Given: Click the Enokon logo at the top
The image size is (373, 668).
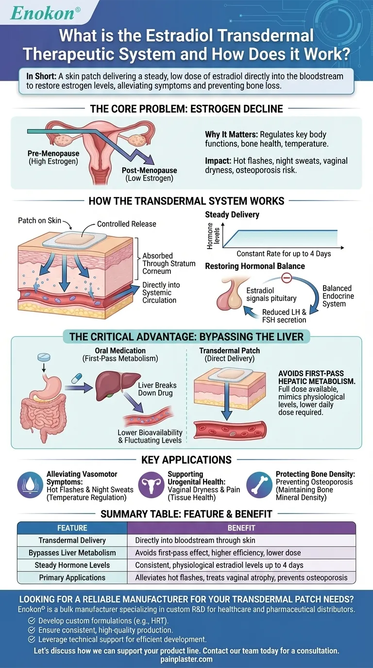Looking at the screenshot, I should click(x=43, y=13).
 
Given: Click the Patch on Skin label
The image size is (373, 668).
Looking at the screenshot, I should click(x=39, y=220).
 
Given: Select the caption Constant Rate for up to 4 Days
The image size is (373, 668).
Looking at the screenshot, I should click(x=283, y=254).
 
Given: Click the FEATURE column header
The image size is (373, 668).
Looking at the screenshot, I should click(x=72, y=528).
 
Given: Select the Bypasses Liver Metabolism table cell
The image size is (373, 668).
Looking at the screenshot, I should click(x=72, y=552).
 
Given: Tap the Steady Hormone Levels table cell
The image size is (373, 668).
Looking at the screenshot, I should click(x=72, y=565).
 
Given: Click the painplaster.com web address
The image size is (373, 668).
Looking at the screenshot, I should click(x=186, y=659).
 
